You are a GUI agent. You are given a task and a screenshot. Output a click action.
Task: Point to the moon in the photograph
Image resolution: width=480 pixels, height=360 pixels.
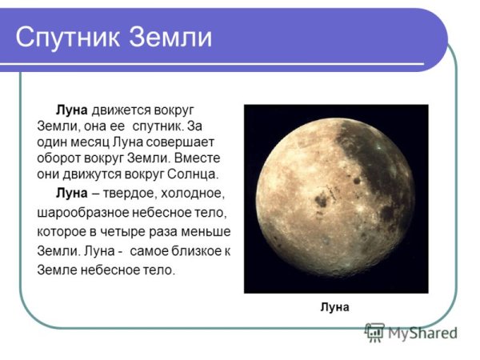[336, 197]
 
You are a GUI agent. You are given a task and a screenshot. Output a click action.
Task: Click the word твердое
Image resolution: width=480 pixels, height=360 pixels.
[128, 194]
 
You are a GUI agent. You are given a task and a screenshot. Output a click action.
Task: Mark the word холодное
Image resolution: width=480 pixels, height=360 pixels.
[194, 194]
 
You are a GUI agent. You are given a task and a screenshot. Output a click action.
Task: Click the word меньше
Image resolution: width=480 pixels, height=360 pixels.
[208, 232]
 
